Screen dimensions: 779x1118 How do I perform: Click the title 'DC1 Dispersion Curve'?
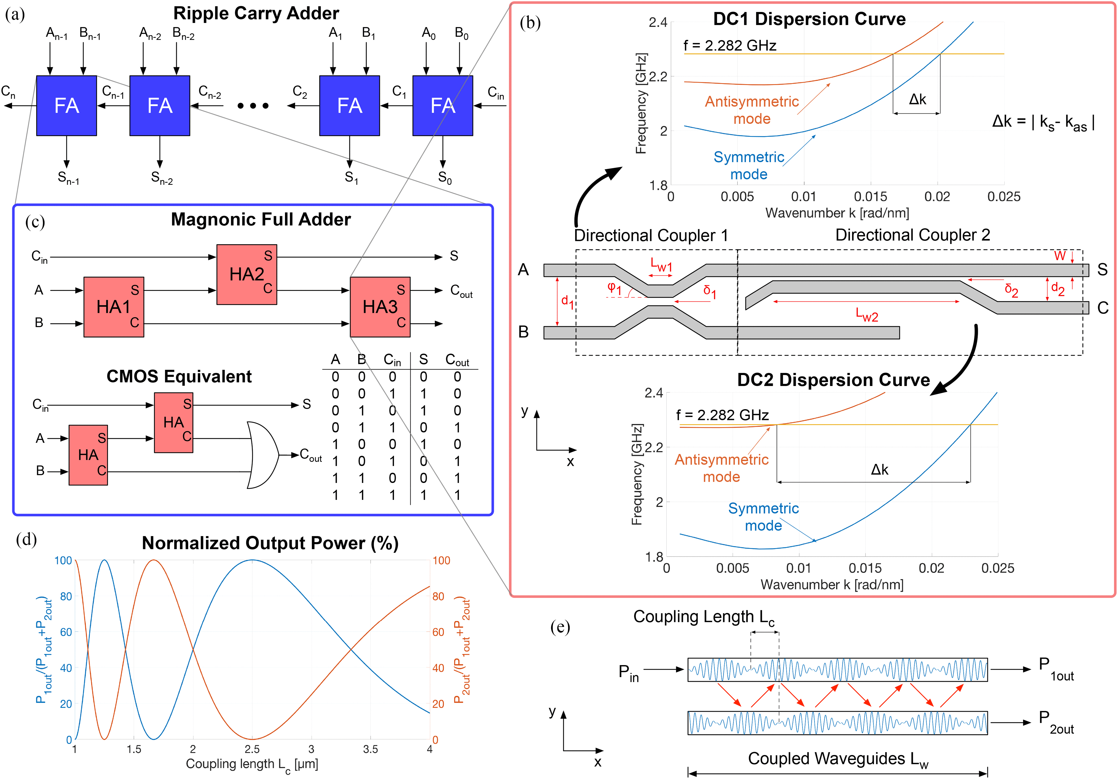pyautogui.click(x=809, y=19)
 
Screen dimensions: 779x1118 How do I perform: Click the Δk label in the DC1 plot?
pyautogui.click(x=917, y=99)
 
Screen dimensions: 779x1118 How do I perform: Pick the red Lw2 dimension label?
pyautogui.click(x=867, y=315)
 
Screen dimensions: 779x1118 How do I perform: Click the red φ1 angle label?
pyautogui.click(x=614, y=288)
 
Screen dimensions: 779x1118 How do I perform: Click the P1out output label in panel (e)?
pyautogui.click(x=1056, y=669)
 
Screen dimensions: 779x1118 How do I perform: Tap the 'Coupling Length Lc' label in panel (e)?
pyautogui.click(x=704, y=617)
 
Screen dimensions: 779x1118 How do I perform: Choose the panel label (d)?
pyautogui.click(x=26, y=539)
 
